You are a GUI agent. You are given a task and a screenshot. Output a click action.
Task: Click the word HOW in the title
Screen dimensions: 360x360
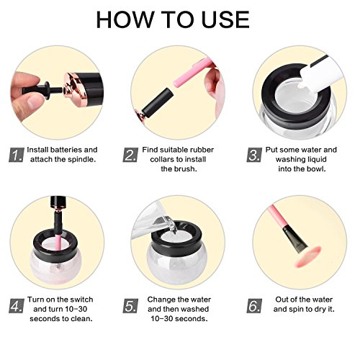125,19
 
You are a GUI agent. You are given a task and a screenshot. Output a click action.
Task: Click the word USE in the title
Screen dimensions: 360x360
225,19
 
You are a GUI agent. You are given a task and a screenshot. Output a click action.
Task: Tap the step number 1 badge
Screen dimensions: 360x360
17,155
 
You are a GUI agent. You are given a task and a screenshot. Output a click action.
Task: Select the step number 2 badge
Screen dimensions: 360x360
130,155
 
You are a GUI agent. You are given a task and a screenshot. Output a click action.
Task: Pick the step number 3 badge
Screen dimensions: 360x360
254,155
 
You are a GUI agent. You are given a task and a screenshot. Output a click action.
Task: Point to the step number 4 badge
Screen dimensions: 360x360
17,306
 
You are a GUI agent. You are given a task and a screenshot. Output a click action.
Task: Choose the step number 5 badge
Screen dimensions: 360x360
130,306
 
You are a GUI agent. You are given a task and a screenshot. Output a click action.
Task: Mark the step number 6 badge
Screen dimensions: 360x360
254,306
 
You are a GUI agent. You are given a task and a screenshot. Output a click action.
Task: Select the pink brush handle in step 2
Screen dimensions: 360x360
193,73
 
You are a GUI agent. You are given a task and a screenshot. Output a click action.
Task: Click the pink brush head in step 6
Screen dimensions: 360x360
307,256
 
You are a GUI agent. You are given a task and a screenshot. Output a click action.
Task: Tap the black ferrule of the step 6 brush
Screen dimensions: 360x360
294,239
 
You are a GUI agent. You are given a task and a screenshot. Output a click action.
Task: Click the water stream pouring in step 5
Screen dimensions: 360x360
170,225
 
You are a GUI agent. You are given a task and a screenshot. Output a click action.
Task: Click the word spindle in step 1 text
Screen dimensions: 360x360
82,160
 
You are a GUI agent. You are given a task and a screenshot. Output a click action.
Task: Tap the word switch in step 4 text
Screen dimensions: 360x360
81,300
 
